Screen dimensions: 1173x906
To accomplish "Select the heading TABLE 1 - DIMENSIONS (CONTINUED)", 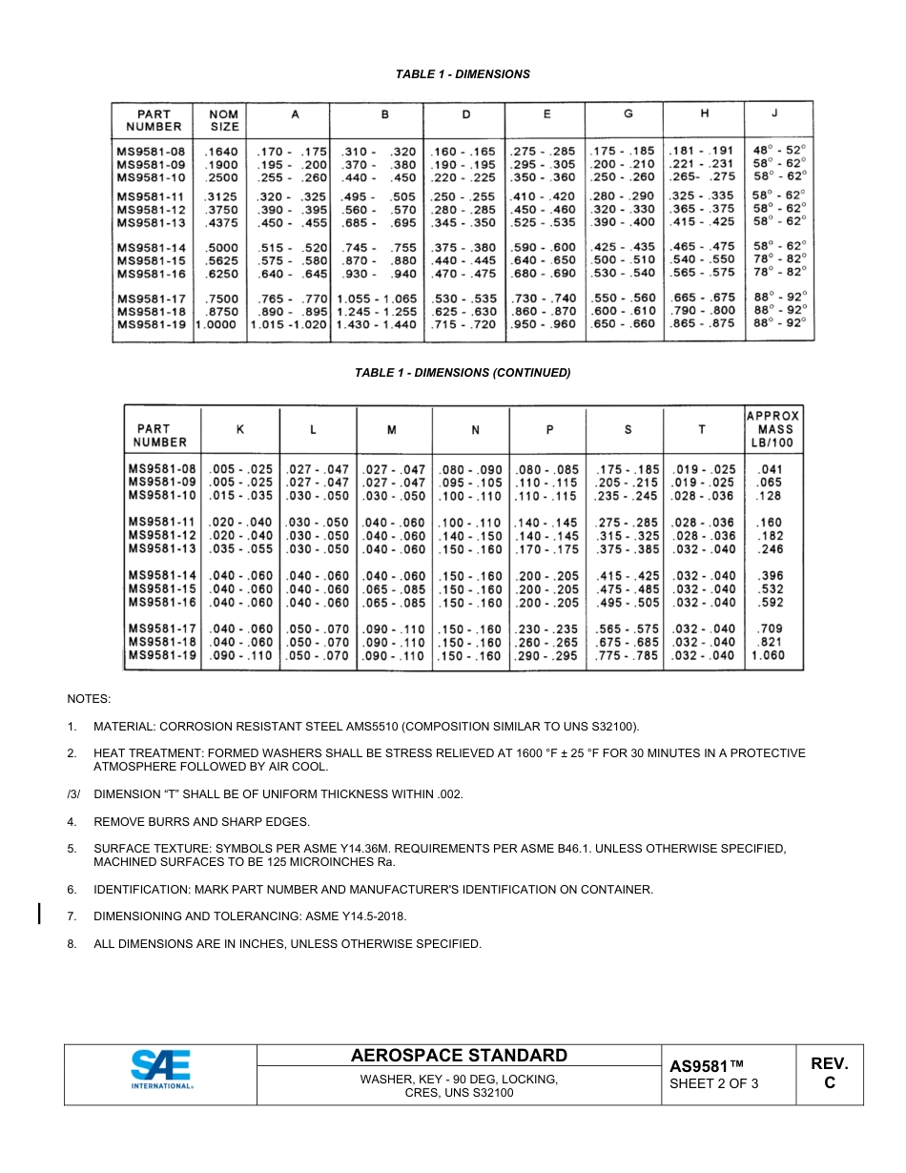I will (x=463, y=373).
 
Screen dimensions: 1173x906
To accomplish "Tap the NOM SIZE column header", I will (x=224, y=120).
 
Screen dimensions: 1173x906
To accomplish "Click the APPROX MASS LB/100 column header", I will (x=772, y=429).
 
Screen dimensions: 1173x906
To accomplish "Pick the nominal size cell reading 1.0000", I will (x=217, y=324).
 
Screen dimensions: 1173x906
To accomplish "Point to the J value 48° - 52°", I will (x=779, y=150).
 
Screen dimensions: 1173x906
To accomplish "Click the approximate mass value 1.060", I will (x=770, y=655).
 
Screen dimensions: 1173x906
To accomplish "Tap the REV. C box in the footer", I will (x=829, y=1073).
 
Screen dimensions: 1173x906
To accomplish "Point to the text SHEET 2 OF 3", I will (x=713, y=1083).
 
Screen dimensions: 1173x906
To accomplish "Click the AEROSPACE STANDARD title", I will (x=459, y=1055).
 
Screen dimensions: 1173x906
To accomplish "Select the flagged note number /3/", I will (x=73, y=794).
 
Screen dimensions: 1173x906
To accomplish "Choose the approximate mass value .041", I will (x=770, y=469).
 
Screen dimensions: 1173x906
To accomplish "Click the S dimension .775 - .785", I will (x=627, y=655).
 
